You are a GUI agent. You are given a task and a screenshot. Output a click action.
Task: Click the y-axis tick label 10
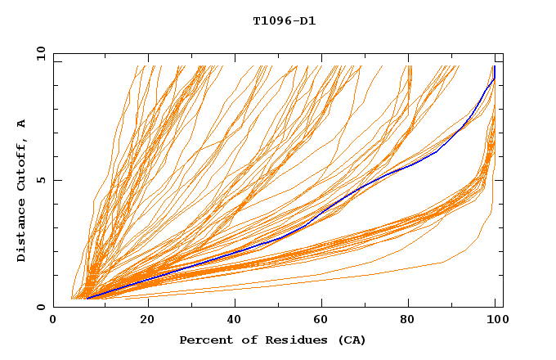point(40,53)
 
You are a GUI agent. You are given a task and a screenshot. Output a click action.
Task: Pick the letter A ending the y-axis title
point(22,123)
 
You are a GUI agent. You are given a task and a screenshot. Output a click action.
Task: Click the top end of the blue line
point(494,67)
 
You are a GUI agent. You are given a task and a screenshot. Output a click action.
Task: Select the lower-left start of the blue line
point(87,299)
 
